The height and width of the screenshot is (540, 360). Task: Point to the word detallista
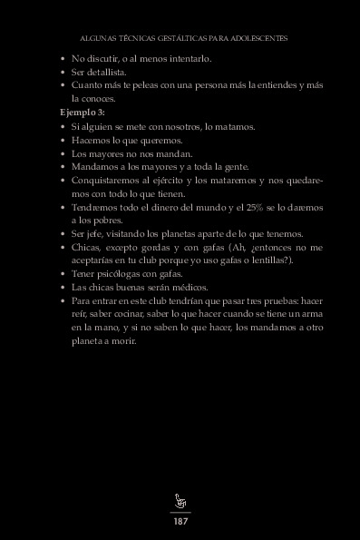click(x=104, y=72)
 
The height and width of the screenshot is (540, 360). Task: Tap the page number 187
click(x=180, y=521)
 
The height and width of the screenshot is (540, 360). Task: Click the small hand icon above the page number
click(x=180, y=501)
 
